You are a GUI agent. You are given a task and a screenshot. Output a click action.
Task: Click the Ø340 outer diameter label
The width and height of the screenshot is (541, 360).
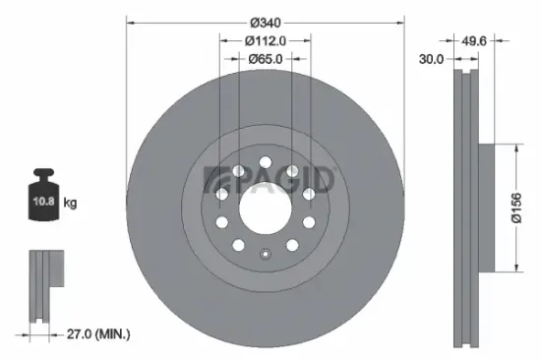click(266, 23)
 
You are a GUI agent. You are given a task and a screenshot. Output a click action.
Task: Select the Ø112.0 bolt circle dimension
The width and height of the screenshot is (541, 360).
click(266, 40)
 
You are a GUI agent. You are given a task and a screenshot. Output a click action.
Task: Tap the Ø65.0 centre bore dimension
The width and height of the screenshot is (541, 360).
click(266, 59)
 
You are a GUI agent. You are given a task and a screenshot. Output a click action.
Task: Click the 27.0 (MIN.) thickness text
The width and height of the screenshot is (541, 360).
click(96, 334)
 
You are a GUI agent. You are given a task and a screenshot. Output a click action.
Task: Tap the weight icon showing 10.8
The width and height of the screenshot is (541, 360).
click(42, 200)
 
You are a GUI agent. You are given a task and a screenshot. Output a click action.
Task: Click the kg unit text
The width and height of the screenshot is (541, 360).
click(70, 204)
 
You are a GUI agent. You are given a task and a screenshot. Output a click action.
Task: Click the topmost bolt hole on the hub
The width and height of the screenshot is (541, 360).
click(266, 161)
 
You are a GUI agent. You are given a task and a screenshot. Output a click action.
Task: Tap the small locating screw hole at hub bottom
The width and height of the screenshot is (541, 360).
click(266, 258)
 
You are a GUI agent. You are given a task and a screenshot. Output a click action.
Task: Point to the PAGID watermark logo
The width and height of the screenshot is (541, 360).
click(270, 179)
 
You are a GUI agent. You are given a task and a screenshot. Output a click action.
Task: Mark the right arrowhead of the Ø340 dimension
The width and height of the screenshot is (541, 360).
click(401, 23)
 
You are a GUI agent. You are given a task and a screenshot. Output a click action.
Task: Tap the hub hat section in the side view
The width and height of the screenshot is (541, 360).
click(484, 209)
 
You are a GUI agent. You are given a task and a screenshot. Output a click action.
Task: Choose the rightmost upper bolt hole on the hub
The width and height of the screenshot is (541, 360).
click(307, 195)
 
